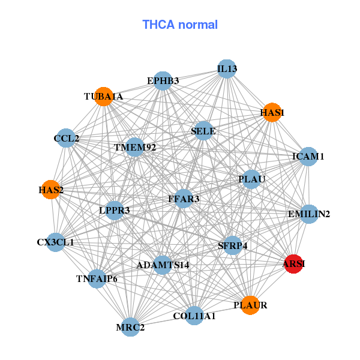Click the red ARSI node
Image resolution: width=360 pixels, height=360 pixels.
tap(293, 264)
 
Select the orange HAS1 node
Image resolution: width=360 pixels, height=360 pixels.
tap(272, 112)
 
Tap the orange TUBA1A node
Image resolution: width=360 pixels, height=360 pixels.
tap(104, 97)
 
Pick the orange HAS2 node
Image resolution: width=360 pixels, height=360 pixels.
tap(51, 190)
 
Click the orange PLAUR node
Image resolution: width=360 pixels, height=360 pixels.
tap(250, 305)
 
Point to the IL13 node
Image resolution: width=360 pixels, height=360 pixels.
tap(227, 69)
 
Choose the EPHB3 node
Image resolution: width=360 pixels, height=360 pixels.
tap(163, 80)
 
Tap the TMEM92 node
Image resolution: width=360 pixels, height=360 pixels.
tap(135, 147)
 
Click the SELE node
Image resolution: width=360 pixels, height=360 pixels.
tap(203, 131)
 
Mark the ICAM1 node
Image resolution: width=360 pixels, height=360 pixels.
tap(308, 157)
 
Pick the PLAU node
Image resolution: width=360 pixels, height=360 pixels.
tap(251, 179)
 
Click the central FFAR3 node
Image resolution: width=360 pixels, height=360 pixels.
tap(184, 199)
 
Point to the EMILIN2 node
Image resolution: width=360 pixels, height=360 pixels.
tap(308, 214)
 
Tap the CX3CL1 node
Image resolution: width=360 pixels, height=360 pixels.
tap(55, 242)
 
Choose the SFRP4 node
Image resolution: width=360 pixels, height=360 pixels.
tap(232, 245)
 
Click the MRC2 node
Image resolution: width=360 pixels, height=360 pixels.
tap(130, 327)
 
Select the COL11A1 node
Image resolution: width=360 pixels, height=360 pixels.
tap(194, 316)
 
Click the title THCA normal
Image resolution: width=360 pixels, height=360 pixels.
tap(180, 25)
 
